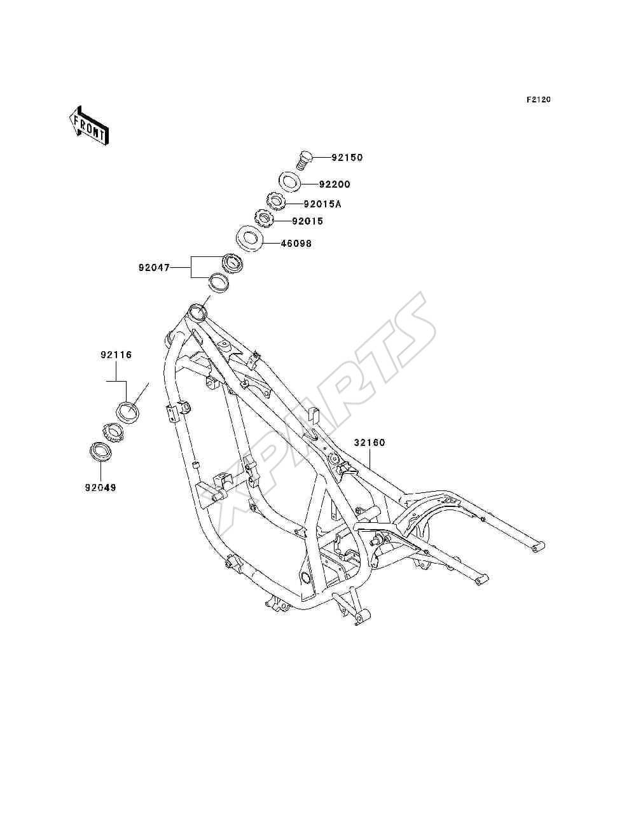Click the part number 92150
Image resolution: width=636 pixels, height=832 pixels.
347,157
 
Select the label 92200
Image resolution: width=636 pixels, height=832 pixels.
335,184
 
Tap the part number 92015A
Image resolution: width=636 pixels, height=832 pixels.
322,204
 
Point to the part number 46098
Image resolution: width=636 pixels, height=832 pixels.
296,244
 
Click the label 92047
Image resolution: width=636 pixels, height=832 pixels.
154,268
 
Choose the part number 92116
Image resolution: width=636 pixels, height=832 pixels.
116,355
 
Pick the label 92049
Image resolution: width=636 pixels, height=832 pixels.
100,488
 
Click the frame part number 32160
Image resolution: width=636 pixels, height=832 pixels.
370,443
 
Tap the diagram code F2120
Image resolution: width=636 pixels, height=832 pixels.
538,100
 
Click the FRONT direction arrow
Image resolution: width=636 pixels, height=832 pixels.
89,125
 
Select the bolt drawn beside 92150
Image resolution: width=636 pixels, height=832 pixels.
303,161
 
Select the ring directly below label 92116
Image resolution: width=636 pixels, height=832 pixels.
128,412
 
